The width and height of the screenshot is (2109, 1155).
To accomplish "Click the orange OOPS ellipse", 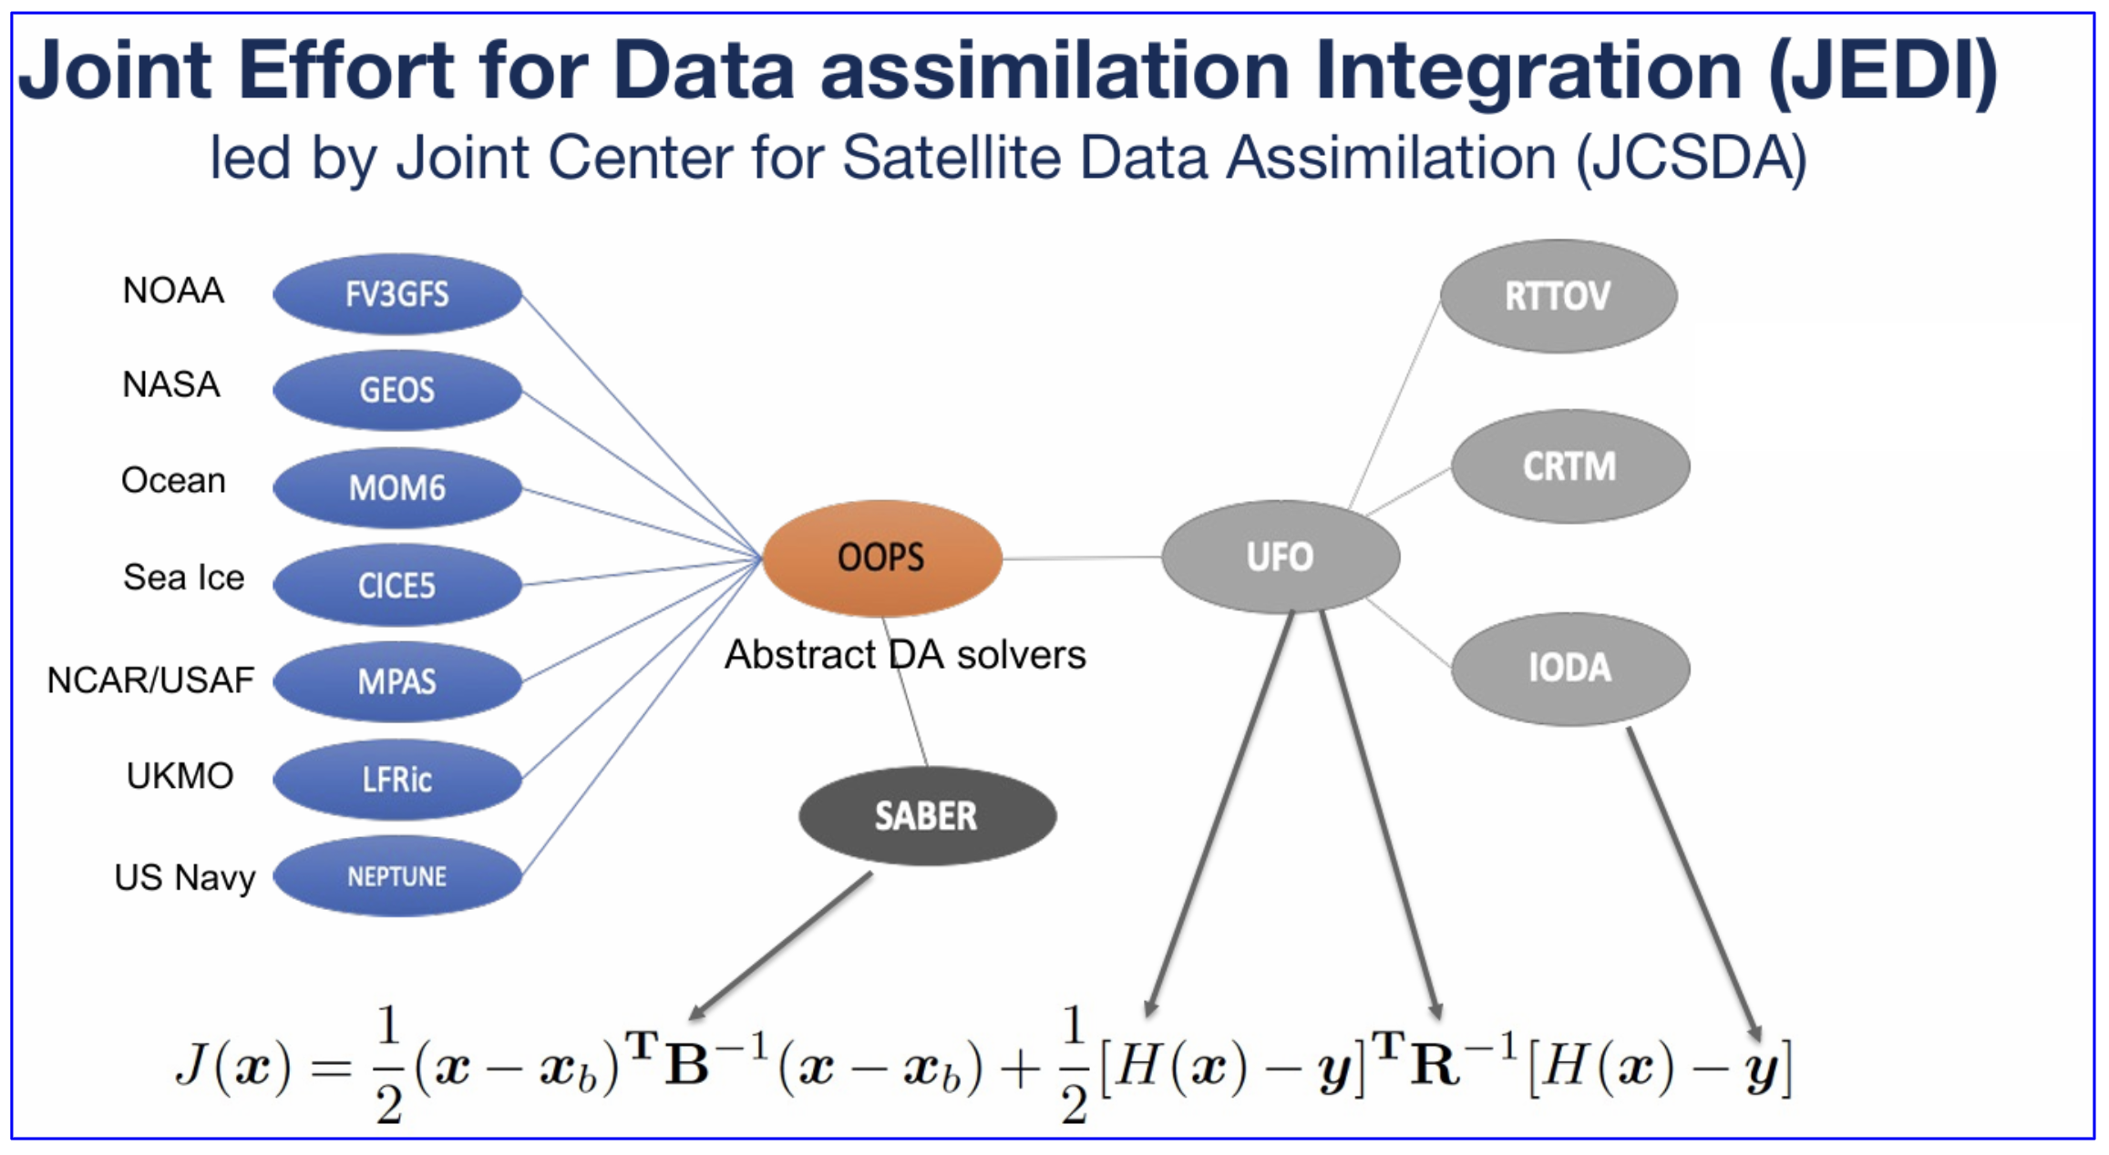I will point(881,557).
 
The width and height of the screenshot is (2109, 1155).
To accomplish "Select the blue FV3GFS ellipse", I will point(397,294).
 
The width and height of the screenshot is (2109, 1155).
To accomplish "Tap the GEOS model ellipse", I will point(397,390).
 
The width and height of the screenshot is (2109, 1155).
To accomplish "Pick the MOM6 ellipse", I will point(397,487).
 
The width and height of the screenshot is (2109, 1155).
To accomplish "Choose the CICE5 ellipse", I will point(397,585).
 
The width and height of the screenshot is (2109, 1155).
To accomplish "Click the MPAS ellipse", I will point(397,681).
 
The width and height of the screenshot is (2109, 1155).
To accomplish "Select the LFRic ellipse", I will point(397,779).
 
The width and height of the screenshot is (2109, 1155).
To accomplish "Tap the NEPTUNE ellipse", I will point(397,876).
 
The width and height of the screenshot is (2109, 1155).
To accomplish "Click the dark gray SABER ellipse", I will point(927,815).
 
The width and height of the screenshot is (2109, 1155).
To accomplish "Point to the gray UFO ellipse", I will point(1281,557).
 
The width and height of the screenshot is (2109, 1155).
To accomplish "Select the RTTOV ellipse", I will point(1558,296).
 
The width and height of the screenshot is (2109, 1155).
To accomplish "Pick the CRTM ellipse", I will point(1569,466).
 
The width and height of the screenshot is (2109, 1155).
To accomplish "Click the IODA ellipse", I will point(1569,668).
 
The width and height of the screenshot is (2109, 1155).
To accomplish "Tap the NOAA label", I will point(173,291).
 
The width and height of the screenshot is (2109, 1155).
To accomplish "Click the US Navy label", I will point(185,877).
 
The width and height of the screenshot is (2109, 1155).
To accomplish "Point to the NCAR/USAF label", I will point(150,680).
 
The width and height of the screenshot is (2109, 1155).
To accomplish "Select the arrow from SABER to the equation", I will point(781,945).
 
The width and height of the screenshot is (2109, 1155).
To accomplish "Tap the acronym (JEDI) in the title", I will point(1883,71).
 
